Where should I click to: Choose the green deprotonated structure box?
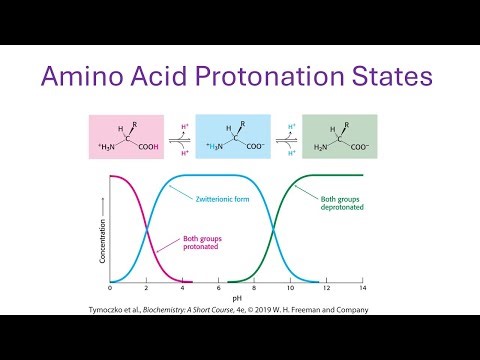point(340,138)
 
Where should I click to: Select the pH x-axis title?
point(236,298)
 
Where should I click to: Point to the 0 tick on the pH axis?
point(110,289)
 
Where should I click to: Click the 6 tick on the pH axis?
point(218,289)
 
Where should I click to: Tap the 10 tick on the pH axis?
point(291,289)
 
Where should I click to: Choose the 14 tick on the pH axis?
point(363,289)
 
